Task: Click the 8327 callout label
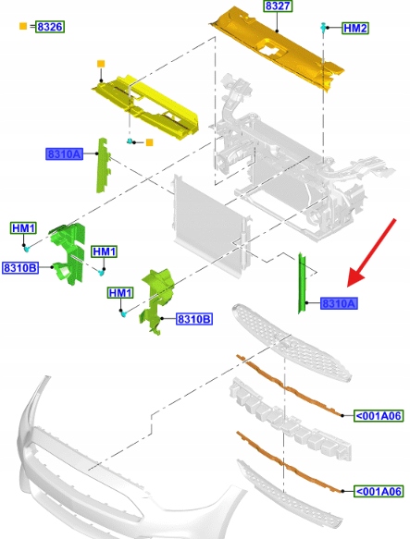278,6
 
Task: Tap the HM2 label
355,28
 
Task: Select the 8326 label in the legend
50,27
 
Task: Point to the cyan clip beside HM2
323,28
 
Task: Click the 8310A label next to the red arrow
339,303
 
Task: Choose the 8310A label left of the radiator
65,153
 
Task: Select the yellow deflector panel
145,108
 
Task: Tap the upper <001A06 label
378,416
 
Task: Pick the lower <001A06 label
378,491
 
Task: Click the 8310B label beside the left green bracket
20,267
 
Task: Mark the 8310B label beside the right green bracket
194,319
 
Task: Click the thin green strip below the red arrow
302,283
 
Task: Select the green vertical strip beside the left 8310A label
103,165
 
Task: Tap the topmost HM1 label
23,228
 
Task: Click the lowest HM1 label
120,293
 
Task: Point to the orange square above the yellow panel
101,64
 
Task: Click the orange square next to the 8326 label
23,26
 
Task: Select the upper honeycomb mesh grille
291,341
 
